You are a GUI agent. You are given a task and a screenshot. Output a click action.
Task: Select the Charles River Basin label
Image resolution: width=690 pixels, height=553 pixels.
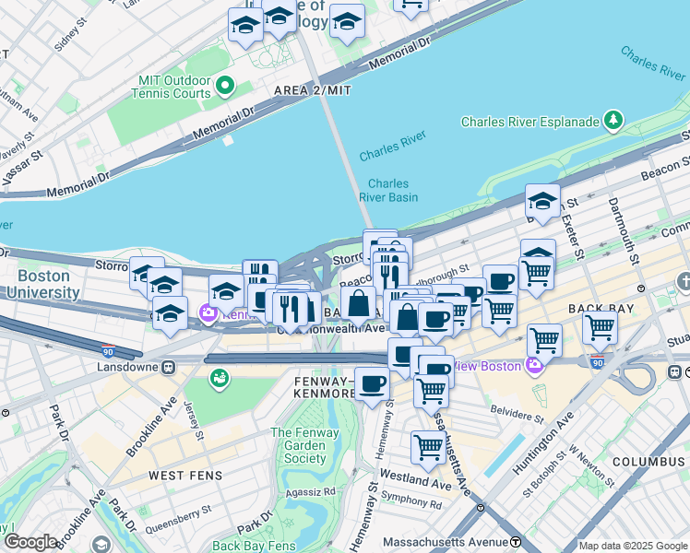click(388, 190)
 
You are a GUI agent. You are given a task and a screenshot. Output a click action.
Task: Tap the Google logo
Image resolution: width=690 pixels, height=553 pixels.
click(31, 542)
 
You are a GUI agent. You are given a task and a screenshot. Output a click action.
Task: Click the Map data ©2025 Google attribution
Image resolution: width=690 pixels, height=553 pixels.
click(633, 546)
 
